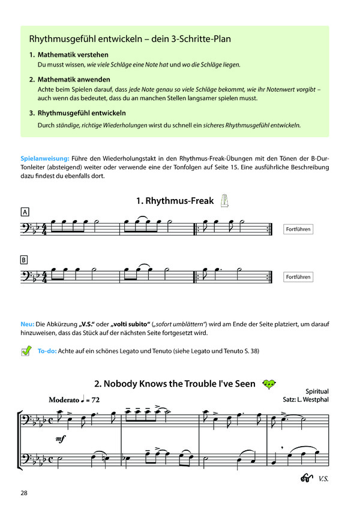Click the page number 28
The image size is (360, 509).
pos(23,493)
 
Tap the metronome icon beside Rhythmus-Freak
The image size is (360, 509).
pos(226,200)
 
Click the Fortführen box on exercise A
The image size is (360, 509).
pos(298,229)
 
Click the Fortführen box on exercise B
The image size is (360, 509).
pos(298,277)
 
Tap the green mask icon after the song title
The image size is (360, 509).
pos(271,383)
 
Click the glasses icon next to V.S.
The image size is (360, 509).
pos(308,478)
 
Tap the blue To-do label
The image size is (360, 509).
pos(46,351)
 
